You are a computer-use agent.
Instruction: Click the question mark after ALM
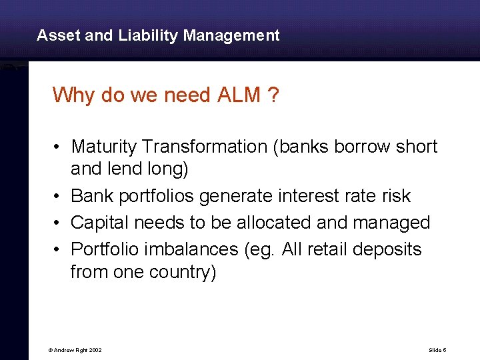click(x=273, y=95)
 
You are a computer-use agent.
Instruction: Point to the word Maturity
click(x=104, y=147)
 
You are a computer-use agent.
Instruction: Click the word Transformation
click(x=204, y=147)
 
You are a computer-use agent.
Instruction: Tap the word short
click(x=417, y=147)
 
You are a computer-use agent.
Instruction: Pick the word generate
click(x=237, y=196)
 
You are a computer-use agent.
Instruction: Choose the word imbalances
click(x=185, y=249)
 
